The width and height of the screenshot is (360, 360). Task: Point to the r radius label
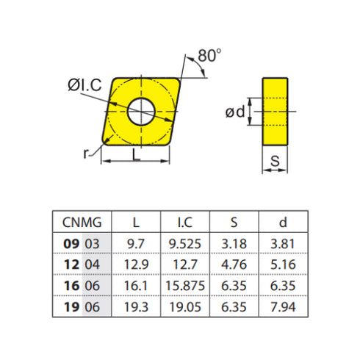point(87,153)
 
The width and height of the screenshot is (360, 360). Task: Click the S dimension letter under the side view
point(275,159)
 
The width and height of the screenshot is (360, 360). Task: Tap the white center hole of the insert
point(141,112)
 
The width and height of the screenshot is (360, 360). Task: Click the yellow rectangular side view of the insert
point(275,111)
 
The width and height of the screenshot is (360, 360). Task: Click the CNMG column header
point(82,222)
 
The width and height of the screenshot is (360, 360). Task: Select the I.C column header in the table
point(184,222)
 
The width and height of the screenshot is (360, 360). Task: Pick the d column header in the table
point(282,222)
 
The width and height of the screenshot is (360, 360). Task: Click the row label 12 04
point(82,264)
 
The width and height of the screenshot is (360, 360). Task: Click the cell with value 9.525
point(184,243)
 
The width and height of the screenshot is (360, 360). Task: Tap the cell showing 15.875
point(184,285)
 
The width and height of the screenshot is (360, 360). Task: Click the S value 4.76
point(234,264)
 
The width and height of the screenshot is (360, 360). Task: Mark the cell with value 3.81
point(282,243)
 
